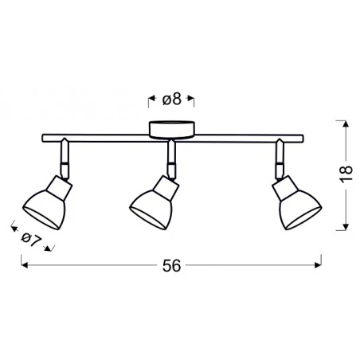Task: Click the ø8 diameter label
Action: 173,100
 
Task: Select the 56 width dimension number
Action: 172,268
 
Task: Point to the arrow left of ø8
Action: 151,100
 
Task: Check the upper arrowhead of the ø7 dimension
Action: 13,225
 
